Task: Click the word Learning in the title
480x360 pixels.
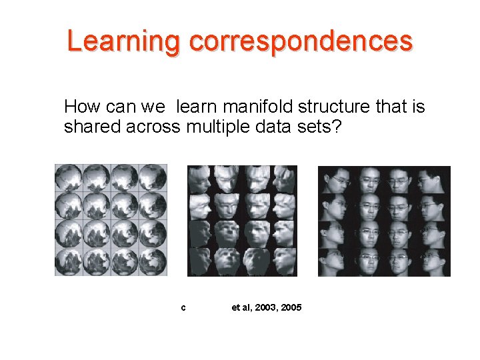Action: (123, 41)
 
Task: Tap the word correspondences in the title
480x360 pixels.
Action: (301, 41)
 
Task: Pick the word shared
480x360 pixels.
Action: (93, 126)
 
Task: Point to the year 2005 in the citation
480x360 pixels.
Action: (291, 307)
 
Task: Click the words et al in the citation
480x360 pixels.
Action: (240, 307)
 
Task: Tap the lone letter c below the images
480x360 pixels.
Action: (183, 308)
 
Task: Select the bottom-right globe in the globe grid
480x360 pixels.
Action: (153, 261)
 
